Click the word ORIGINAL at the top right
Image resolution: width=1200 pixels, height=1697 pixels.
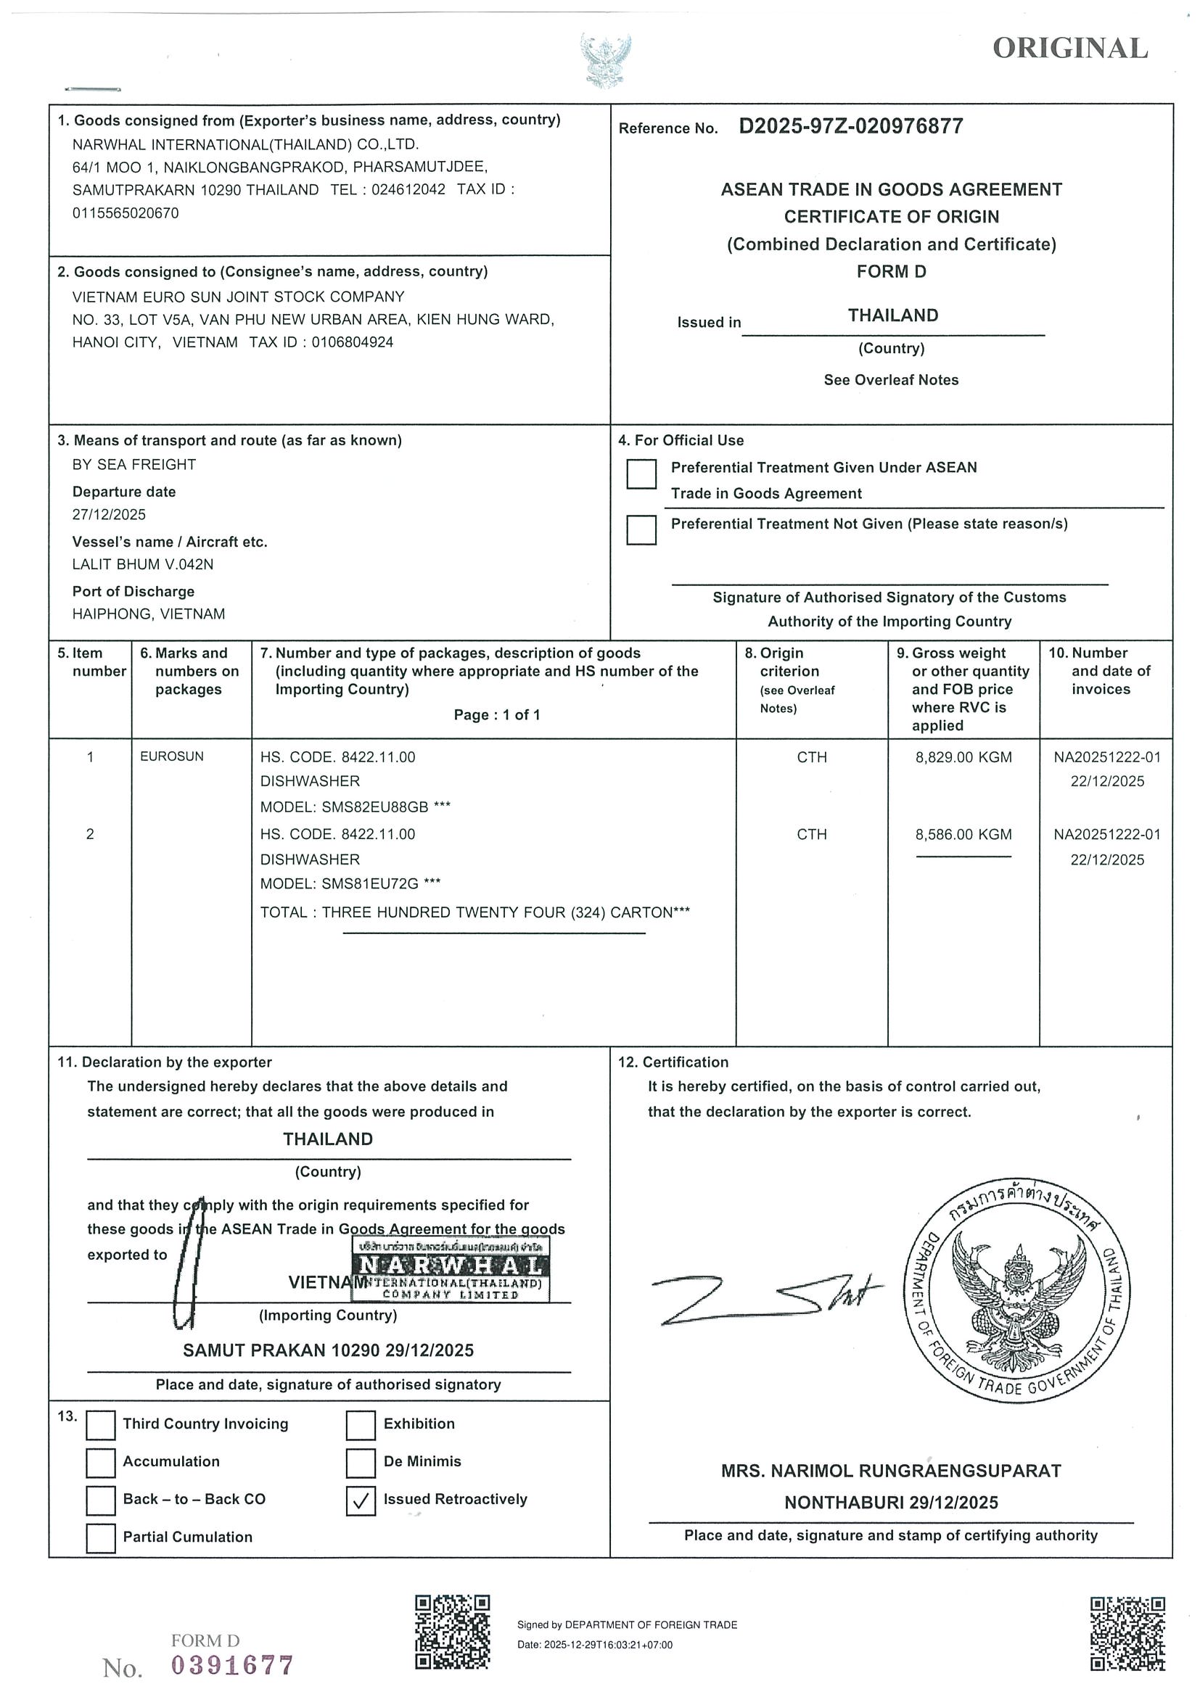1069,49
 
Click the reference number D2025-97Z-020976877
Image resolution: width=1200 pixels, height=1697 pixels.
850,126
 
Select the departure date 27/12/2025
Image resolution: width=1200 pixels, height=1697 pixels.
109,514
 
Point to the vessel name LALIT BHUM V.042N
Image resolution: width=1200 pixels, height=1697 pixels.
143,564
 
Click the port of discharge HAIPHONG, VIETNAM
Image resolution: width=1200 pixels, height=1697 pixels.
149,614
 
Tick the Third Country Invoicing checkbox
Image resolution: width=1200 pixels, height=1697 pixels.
101,1425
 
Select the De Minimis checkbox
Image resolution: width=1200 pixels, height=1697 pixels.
361,1463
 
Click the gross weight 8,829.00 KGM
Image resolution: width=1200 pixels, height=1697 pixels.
963,757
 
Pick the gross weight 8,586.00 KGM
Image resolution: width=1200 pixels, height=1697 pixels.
963,835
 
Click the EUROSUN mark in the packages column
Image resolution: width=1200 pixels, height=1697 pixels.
171,757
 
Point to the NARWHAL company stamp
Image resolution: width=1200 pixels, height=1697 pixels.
451,1270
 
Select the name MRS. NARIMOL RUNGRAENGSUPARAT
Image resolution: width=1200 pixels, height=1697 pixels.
891,1471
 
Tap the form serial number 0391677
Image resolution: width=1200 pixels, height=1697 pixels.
232,1665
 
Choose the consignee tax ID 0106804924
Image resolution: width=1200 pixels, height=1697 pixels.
352,342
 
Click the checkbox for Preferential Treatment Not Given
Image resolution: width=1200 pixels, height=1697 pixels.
641,530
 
